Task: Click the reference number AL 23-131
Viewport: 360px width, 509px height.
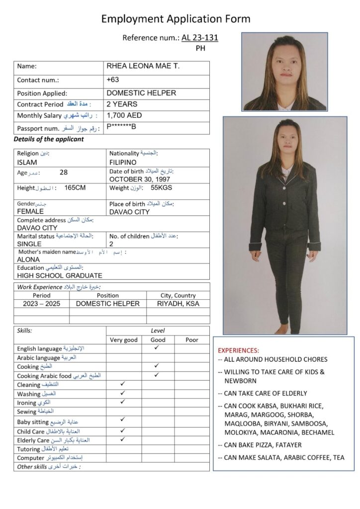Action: (x=200, y=37)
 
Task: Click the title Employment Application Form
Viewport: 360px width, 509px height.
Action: (x=176, y=19)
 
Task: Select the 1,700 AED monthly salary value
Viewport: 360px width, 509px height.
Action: (x=124, y=115)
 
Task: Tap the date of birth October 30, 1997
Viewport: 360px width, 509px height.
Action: (x=140, y=179)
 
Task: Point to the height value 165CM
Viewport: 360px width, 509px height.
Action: (x=75, y=189)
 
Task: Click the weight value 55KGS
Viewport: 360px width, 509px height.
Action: (x=161, y=189)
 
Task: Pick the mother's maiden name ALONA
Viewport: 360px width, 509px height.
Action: (x=28, y=259)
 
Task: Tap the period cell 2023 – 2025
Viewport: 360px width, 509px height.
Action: (x=42, y=304)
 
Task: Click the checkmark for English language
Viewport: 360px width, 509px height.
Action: (x=156, y=348)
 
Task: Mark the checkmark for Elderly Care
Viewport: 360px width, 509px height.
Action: (x=122, y=439)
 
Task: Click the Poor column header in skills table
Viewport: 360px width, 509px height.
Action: (x=191, y=340)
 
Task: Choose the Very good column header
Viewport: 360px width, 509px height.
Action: (x=123, y=340)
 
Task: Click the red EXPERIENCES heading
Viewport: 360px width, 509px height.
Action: (x=238, y=350)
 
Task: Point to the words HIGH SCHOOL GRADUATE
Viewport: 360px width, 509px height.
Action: (x=60, y=275)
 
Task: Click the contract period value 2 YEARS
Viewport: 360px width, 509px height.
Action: (x=122, y=104)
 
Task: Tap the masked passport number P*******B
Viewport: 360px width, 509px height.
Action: (x=121, y=127)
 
